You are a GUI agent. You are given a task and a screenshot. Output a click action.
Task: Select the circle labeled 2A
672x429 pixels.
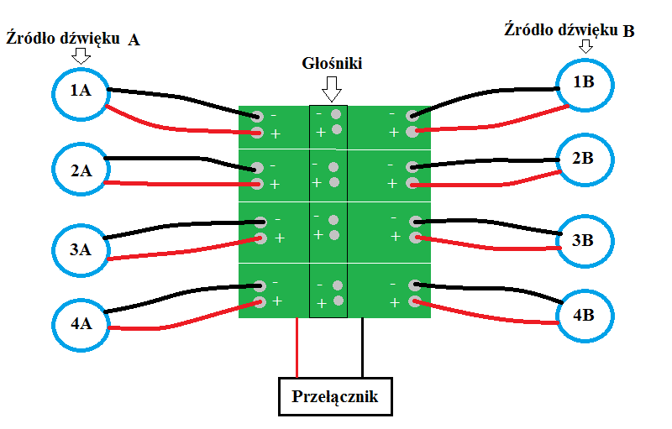81,171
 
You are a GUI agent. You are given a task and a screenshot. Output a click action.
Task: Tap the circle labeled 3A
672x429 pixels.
81,249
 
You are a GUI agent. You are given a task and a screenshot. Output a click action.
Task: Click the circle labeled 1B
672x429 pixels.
585,82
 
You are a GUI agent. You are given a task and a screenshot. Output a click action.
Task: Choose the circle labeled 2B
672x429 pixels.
585,157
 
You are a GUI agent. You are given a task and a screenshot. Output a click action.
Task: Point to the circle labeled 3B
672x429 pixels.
585,240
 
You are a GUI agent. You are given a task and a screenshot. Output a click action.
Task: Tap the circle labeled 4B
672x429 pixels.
585,317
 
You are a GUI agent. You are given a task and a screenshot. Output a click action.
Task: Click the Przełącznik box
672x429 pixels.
335,397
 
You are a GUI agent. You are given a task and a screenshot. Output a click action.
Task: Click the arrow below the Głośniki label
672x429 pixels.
332,86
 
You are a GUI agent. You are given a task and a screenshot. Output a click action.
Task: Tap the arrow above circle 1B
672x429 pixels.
585,47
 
